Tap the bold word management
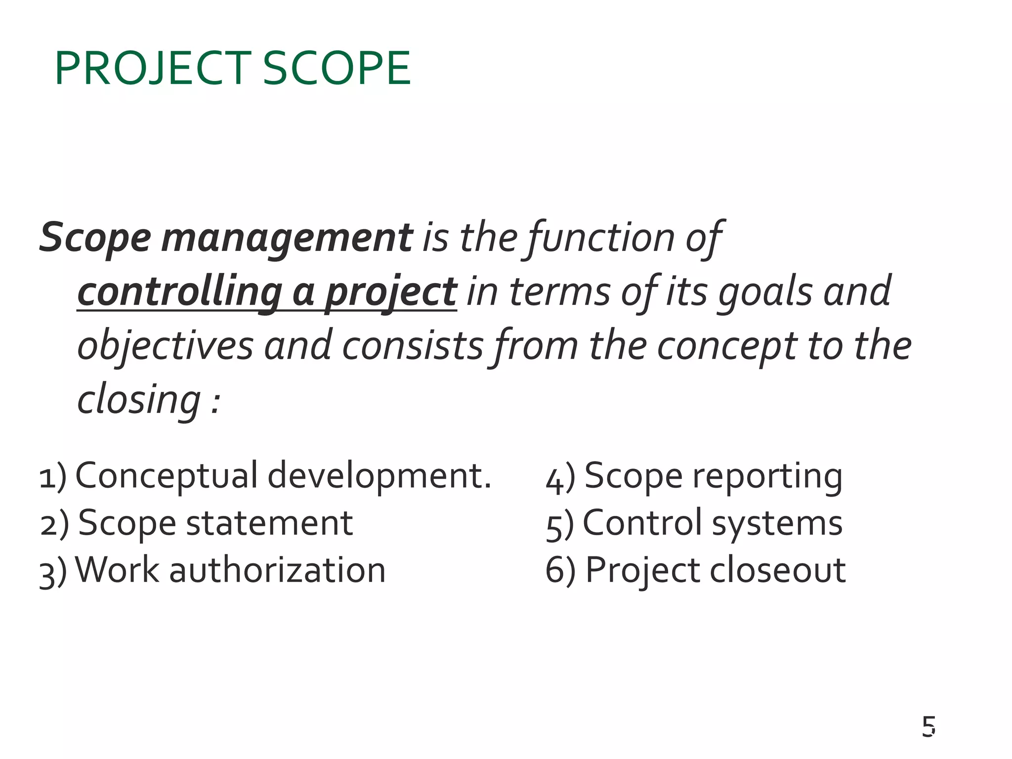tap(287, 238)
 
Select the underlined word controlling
tap(180, 292)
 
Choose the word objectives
tap(166, 346)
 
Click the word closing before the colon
tap(139, 400)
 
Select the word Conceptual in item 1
tap(167, 475)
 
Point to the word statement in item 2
tap(269, 523)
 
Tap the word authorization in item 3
tap(277, 570)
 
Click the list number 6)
tap(560, 571)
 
